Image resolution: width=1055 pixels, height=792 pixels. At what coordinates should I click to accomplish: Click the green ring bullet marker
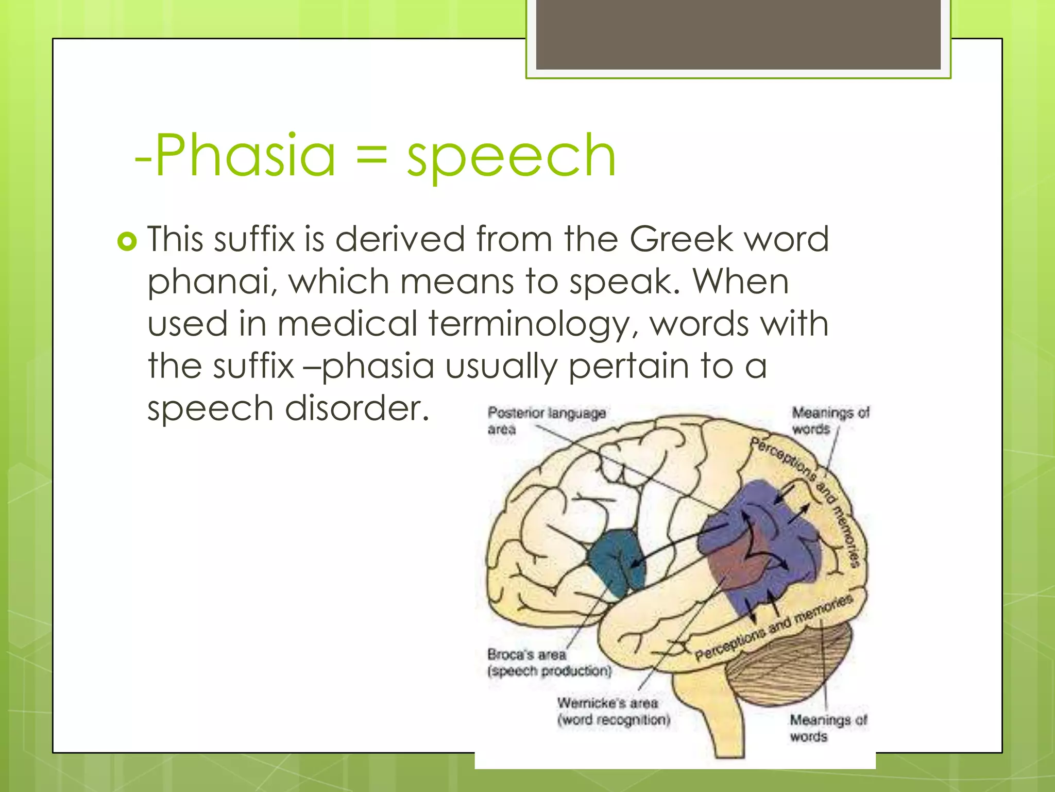click(127, 241)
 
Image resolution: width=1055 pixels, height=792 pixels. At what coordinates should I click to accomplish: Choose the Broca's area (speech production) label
click(549, 663)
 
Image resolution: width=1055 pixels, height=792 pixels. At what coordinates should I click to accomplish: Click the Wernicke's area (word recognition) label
click(613, 711)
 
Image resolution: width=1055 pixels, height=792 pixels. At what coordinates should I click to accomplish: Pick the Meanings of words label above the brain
click(830, 420)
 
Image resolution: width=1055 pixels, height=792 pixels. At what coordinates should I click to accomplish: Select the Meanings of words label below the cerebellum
click(828, 728)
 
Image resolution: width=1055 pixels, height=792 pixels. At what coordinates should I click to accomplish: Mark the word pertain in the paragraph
click(628, 366)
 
